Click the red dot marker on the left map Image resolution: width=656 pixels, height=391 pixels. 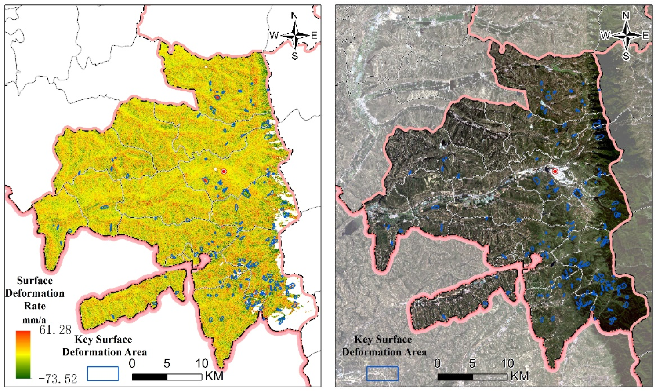tap(224, 171)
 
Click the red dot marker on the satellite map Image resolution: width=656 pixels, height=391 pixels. tap(555, 171)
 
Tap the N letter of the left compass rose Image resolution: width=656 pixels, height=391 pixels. tap(294, 16)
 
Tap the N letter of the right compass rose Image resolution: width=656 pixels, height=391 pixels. tap(626, 16)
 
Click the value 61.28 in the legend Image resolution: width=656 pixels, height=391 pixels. tap(55, 330)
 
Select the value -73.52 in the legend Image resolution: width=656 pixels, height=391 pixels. tap(58, 379)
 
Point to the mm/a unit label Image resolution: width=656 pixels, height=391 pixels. tap(34, 320)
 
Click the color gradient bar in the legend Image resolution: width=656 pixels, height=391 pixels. tap(23, 354)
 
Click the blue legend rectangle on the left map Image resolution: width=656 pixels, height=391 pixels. tap(103, 373)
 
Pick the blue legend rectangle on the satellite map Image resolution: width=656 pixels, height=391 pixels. tap(382, 373)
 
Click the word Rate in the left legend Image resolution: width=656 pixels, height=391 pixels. tap(35, 306)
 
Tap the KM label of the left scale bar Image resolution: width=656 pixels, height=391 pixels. tap(214, 376)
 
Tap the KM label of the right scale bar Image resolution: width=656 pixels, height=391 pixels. tap(519, 376)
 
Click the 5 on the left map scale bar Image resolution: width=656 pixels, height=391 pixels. tap(167, 364)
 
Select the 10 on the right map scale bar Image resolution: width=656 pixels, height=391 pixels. tap(507, 364)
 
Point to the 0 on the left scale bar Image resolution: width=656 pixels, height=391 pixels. tap(132, 364)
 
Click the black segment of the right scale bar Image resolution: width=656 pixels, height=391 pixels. tap(455, 377)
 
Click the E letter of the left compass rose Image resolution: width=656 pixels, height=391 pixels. tap(314, 35)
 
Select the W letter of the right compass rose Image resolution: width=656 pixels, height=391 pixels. tap(605, 35)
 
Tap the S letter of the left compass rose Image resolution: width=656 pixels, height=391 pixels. tap(294, 56)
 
